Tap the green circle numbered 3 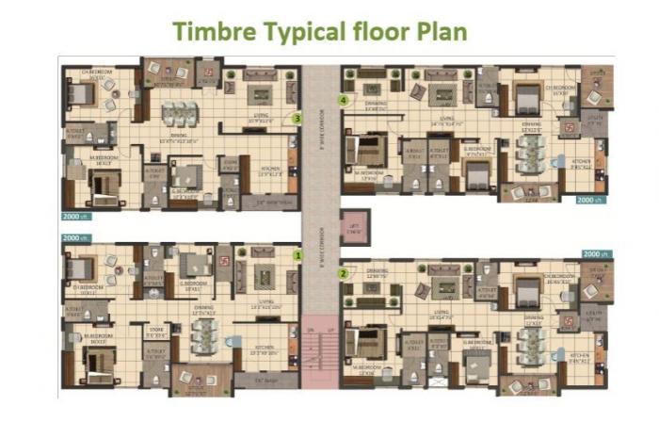[x=297, y=119]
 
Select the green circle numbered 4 [x=345, y=99]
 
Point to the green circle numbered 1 [x=297, y=254]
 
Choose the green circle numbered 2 [x=344, y=274]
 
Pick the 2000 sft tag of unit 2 [x=596, y=254]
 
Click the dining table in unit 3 [x=178, y=114]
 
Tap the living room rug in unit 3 [x=261, y=94]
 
